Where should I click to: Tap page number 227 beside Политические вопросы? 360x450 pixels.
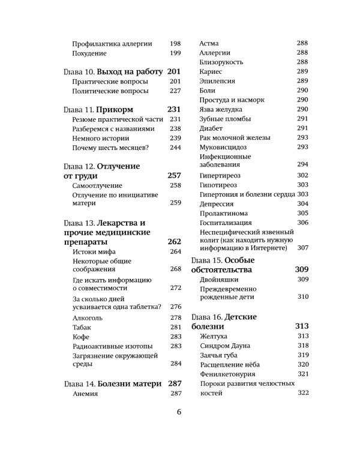[x=175, y=92]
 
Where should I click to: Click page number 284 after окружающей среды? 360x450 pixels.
[x=175, y=363]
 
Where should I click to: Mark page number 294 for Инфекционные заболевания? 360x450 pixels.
[x=302, y=164]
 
